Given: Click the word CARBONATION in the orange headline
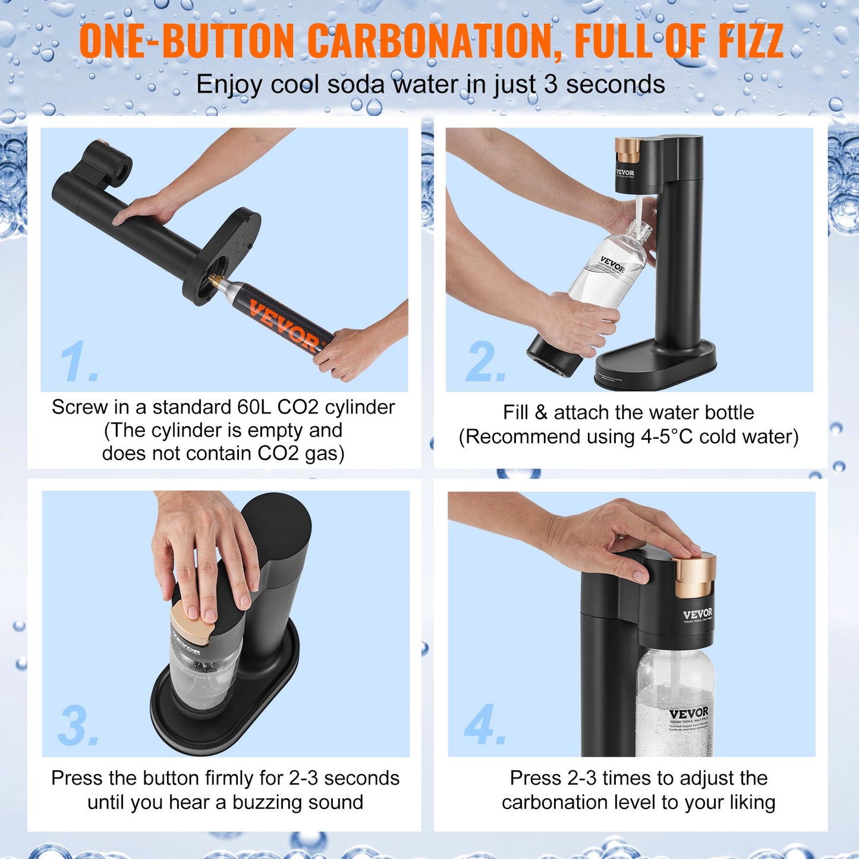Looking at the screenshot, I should (434, 42).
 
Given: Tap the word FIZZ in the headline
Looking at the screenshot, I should (750, 42).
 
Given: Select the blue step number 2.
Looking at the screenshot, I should (485, 363).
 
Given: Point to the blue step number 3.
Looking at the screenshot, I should (77, 726).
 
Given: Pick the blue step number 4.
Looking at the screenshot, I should (484, 725).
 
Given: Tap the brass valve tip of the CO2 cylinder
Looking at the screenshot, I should (215, 279).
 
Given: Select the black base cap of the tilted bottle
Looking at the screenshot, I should (553, 357).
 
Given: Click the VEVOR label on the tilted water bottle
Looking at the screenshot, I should (612, 264).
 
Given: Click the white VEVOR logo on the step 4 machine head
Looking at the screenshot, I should (697, 614).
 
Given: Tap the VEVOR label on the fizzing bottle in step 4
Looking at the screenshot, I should (688, 713).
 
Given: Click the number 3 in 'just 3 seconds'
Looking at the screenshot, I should (550, 84).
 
